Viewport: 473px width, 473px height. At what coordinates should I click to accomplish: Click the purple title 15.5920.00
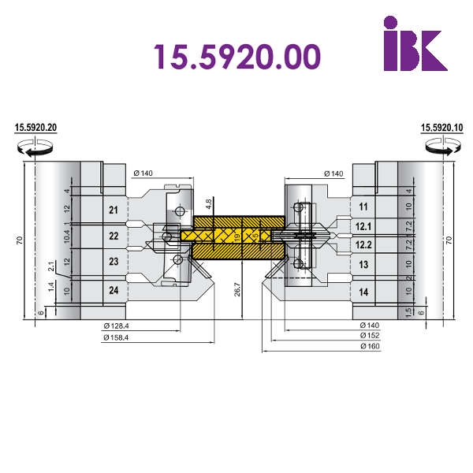click(x=237, y=57)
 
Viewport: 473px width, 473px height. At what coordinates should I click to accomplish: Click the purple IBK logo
click(x=415, y=43)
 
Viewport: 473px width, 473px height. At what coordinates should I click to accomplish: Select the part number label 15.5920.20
click(x=35, y=128)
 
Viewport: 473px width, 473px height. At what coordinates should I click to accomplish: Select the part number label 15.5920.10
click(x=442, y=128)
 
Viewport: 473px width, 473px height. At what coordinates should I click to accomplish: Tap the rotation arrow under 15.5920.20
click(x=35, y=148)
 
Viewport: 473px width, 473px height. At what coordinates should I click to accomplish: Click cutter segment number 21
click(x=114, y=210)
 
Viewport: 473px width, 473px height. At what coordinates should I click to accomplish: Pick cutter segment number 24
click(x=114, y=290)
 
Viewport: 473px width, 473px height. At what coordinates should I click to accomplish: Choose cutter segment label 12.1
click(x=363, y=226)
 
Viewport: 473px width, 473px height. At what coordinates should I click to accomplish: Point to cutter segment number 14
click(x=363, y=292)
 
